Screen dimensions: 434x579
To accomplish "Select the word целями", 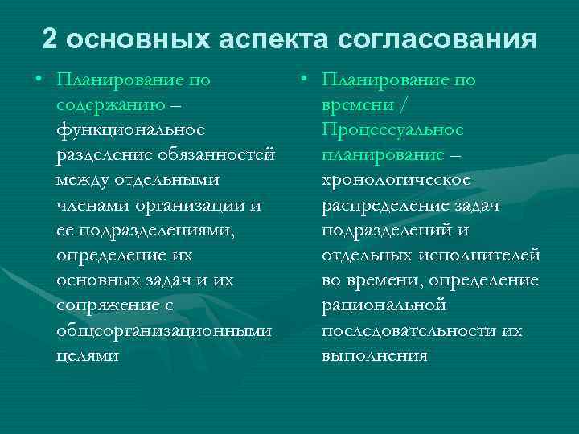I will (x=88, y=356).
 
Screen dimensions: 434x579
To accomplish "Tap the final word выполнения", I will (x=374, y=356).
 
